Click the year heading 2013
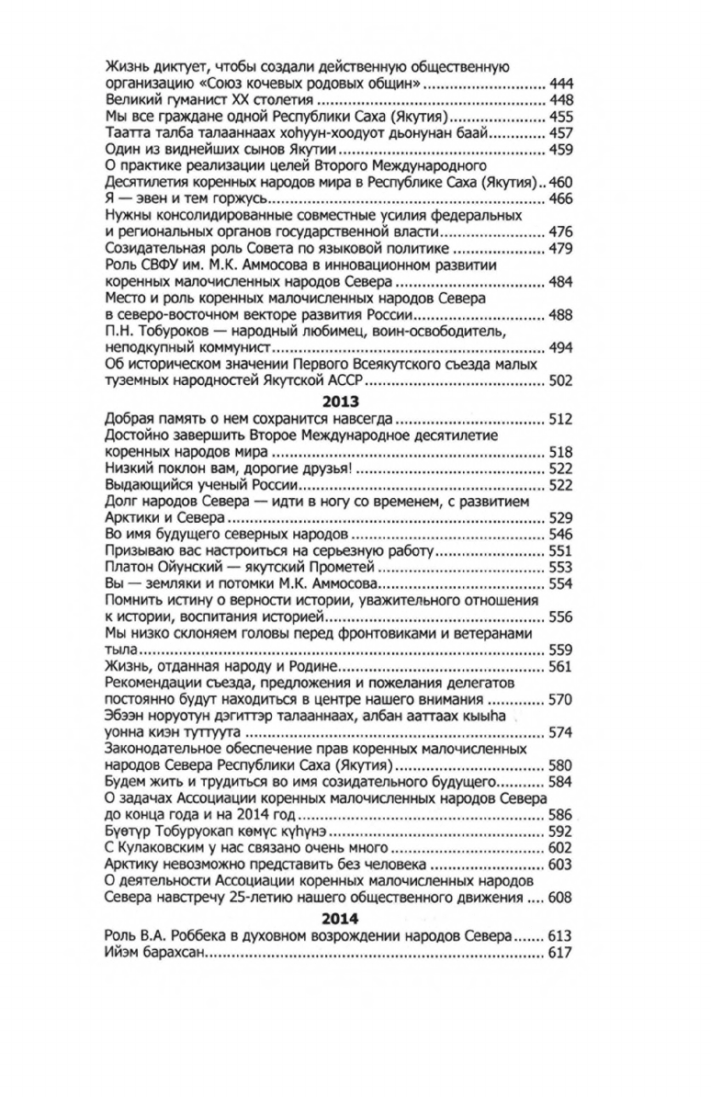pos(340,401)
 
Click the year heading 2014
pos(340,919)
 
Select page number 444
pos(559,84)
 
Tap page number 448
pos(559,100)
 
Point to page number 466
pos(559,199)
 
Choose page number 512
pos(559,419)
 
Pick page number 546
pos(559,535)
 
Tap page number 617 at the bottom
pos(559,953)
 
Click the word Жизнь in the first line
pos(126,67)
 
